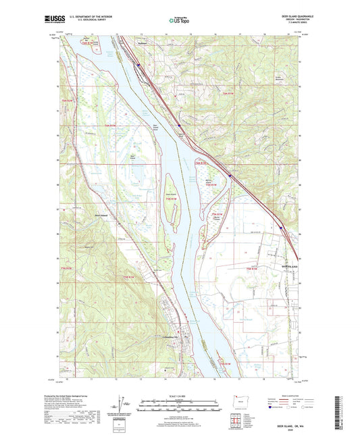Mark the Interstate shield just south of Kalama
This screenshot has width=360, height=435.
click(x=138, y=66)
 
